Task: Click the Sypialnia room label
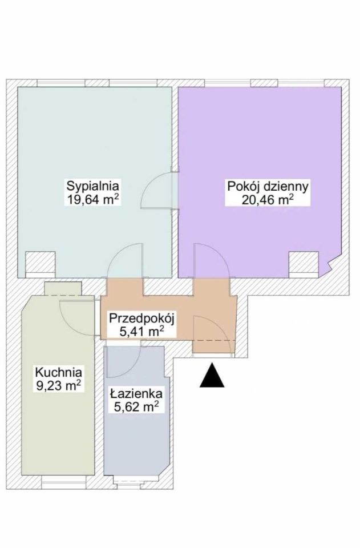(x=93, y=186)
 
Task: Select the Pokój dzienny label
(x=268, y=186)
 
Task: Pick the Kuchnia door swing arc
(x=76, y=317)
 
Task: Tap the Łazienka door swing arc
(x=122, y=362)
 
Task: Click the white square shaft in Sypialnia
(x=40, y=265)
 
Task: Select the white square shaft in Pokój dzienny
(x=302, y=265)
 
